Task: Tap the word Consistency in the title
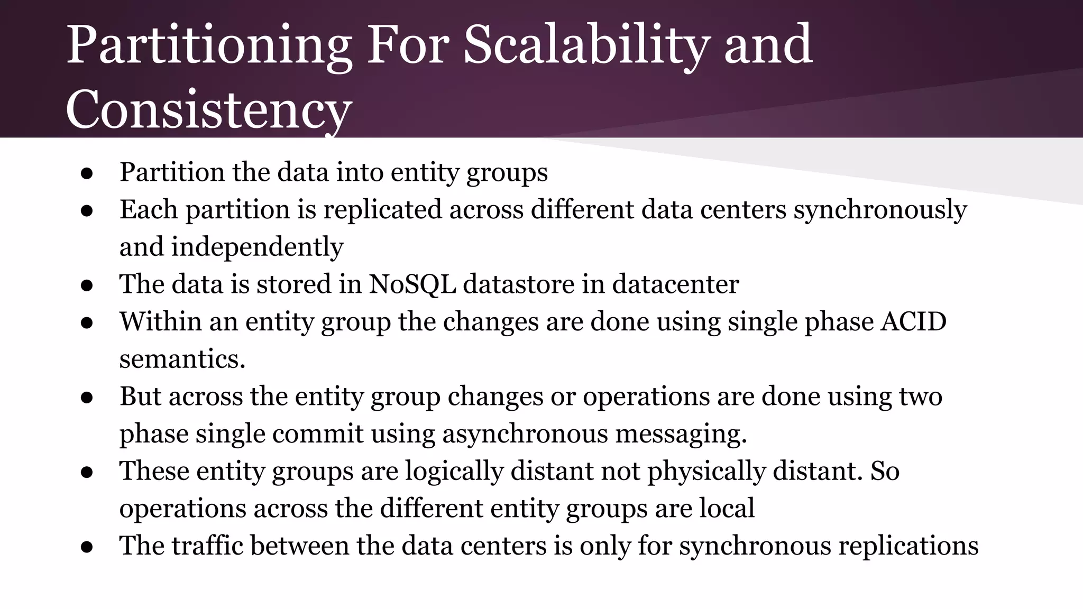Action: (208, 110)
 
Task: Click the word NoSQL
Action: (412, 284)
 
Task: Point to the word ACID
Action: (913, 322)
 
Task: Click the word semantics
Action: (182, 359)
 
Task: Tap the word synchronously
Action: (880, 210)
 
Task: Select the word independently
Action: (257, 247)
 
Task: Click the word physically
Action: (706, 471)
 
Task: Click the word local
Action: (727, 509)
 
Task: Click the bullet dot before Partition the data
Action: (87, 174)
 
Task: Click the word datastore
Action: (519, 284)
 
